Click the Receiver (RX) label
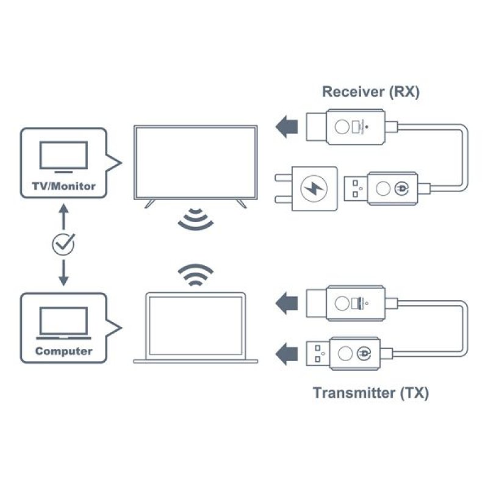coord(371,92)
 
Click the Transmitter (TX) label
coord(371,392)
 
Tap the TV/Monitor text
coord(63,186)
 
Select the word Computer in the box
coord(63,351)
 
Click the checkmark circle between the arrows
coord(63,245)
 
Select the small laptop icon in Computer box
coord(63,323)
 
